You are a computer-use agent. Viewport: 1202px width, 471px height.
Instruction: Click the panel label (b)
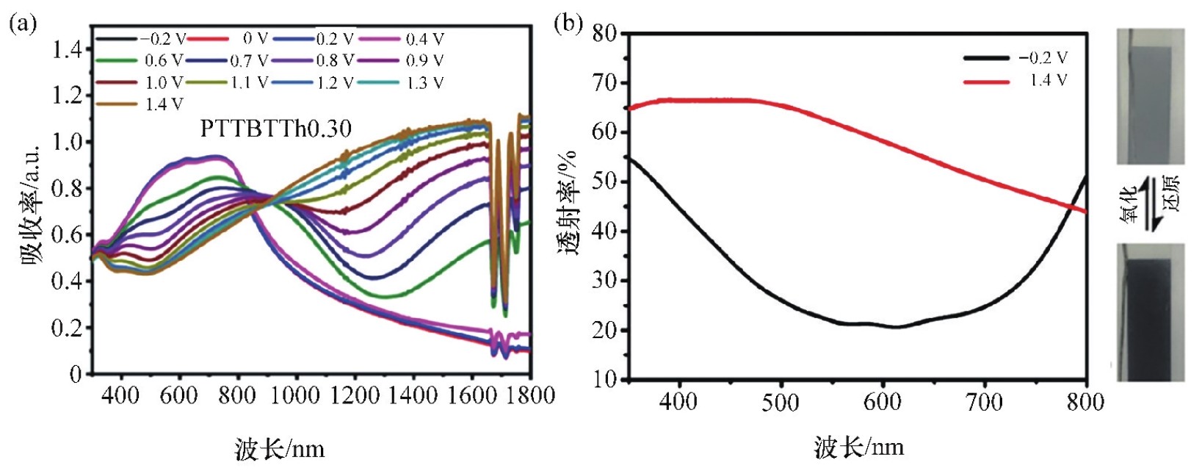(568, 24)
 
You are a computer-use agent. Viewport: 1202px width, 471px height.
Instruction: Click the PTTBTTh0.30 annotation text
(276, 129)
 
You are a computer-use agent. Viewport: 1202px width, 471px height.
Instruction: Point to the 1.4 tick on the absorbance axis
(68, 49)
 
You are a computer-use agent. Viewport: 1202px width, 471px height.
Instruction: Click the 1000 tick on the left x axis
(296, 395)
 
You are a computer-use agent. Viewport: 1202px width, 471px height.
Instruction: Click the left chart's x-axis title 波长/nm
(280, 448)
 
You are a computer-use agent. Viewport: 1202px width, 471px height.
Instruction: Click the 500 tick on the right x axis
(780, 402)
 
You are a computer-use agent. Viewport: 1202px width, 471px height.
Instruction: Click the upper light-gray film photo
(1150, 96)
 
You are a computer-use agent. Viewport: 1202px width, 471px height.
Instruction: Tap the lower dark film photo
(1150, 312)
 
